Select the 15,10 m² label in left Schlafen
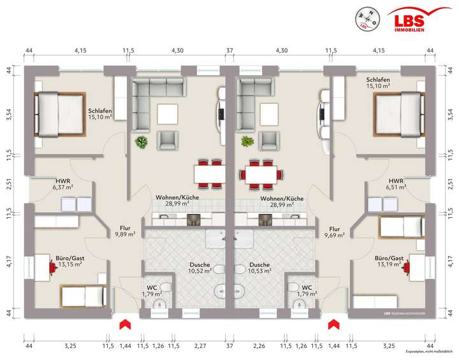101,117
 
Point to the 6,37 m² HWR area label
62,187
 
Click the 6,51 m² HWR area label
397,187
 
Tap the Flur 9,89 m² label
125,234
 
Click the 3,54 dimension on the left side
8,115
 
